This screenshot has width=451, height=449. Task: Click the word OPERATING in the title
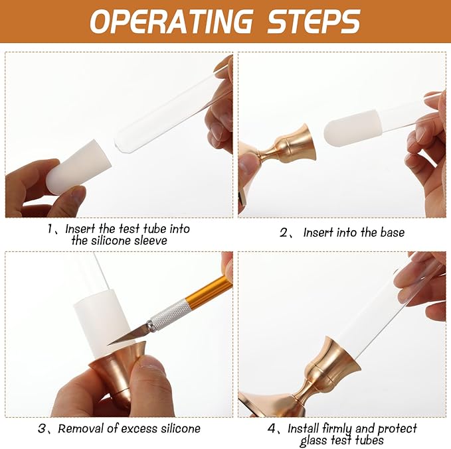click(171, 21)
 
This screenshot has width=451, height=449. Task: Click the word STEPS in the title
click(314, 21)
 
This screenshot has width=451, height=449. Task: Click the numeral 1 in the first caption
click(50, 229)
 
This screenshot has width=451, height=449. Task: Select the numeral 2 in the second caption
click(284, 232)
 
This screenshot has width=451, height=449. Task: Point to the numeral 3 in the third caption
click(42, 428)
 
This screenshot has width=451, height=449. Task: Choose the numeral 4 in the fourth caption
click(272, 428)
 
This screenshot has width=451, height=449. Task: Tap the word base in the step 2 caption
click(393, 232)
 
